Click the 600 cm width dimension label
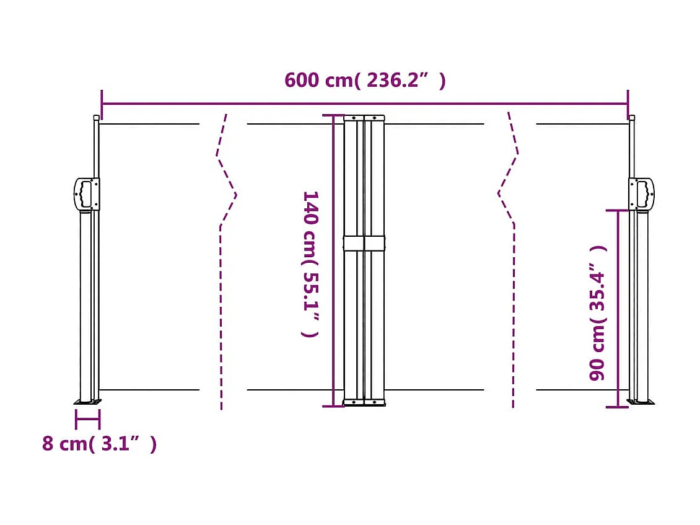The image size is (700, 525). tap(364, 81)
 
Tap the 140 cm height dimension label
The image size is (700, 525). tap(310, 263)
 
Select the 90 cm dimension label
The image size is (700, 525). tap(598, 313)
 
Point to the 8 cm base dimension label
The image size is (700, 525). tap(99, 444)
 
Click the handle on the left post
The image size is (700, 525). tap(86, 193)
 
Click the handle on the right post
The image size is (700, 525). tap(642, 193)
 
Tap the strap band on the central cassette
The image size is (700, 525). tap(364, 243)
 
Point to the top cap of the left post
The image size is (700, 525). tap(96, 117)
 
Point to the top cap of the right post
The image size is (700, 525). tap(631, 117)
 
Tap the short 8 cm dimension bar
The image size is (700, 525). tap(87, 420)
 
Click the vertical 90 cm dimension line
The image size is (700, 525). tap(618, 310)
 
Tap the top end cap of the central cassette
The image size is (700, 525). tap(364, 117)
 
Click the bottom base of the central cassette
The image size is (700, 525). tap(364, 403)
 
